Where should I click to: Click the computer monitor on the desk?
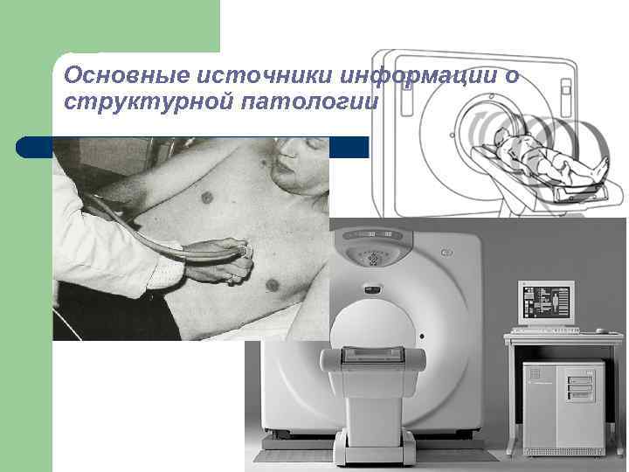[545, 302]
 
